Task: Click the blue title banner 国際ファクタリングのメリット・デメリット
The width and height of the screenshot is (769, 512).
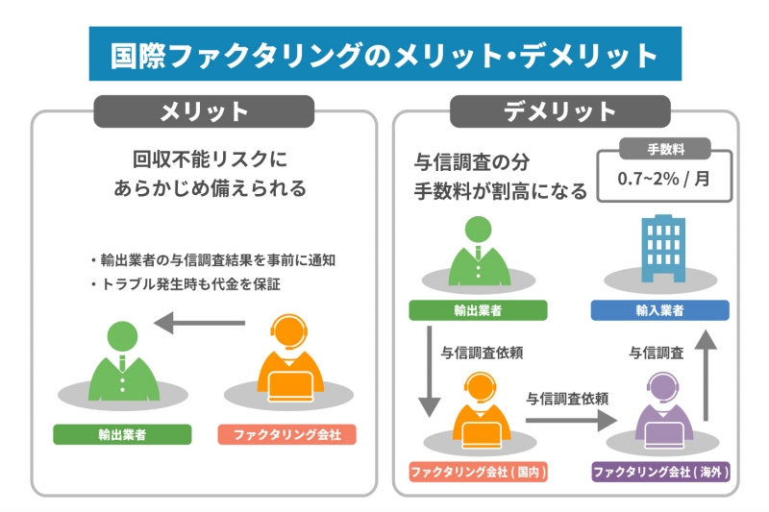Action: coord(384,55)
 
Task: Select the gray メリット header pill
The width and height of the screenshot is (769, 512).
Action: coord(204,111)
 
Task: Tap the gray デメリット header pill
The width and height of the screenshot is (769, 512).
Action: coord(559,111)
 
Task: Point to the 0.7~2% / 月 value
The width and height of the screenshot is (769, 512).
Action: coord(664,179)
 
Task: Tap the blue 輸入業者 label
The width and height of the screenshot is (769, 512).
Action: coord(659,310)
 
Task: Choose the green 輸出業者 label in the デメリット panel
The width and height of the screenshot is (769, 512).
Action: coord(478,310)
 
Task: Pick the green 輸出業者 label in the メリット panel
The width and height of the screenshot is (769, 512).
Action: coord(122,434)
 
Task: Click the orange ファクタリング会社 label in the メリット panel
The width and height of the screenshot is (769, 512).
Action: coord(286,434)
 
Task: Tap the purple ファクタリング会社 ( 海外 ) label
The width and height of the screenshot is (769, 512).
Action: coord(660,472)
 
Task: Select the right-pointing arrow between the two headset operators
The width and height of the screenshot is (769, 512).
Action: coord(570,420)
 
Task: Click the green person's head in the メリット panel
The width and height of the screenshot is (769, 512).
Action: coord(122,334)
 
